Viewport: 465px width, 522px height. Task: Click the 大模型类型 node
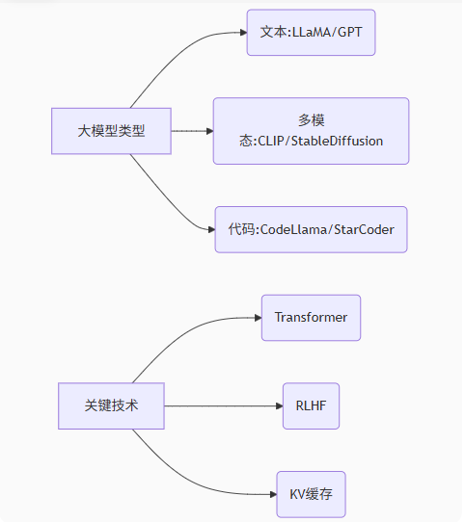[x=111, y=131]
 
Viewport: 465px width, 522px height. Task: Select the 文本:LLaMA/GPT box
[x=310, y=32]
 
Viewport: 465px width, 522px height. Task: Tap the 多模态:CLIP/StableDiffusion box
[x=311, y=131]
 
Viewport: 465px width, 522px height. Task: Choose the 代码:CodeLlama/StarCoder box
[x=311, y=230]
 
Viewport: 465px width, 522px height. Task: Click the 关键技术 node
[x=111, y=405]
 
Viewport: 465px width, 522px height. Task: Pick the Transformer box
[x=311, y=318]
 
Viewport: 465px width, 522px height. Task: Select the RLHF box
[x=311, y=405]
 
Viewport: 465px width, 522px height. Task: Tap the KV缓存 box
[x=311, y=494]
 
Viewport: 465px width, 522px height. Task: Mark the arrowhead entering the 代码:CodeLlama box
[x=209, y=230]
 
